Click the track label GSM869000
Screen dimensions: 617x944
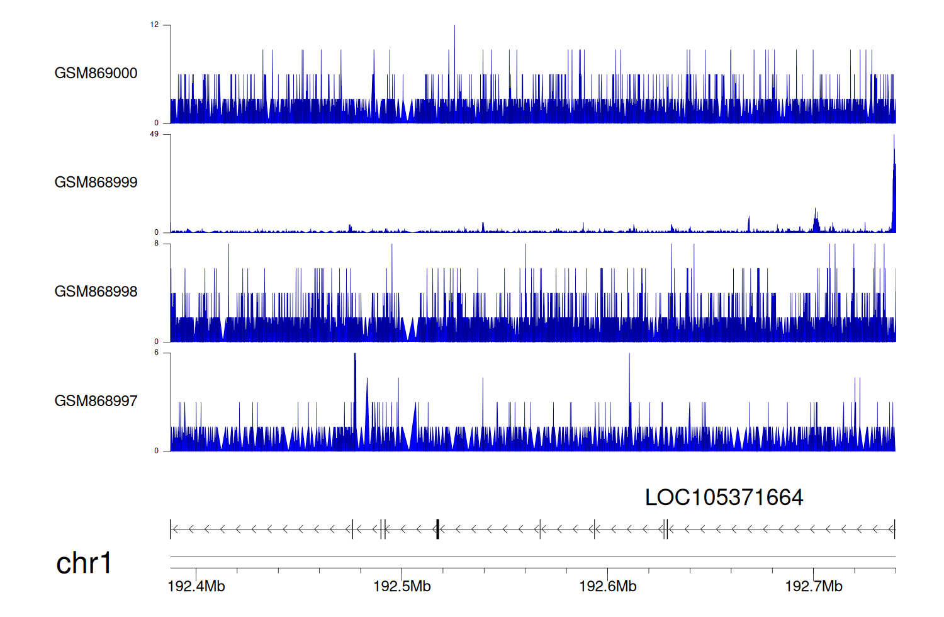click(96, 73)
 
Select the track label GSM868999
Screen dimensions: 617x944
click(96, 183)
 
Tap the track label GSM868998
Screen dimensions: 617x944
click(96, 292)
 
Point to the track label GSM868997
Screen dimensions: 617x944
click(96, 401)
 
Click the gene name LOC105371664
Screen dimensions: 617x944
click(724, 498)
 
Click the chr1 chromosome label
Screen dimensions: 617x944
click(84, 563)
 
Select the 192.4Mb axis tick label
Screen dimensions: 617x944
click(196, 587)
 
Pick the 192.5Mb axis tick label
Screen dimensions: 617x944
click(402, 587)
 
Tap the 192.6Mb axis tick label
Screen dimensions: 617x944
click(608, 587)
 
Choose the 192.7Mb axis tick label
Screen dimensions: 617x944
click(814, 587)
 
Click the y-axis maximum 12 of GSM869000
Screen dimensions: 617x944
click(154, 25)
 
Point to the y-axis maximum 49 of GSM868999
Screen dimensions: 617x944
click(154, 134)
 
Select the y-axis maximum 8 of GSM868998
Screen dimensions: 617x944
click(157, 244)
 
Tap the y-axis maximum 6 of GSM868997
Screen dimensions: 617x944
click(157, 353)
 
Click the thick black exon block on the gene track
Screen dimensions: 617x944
click(437, 529)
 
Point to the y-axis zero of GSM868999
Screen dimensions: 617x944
click(157, 232)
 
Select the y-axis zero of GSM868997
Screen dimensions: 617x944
click(157, 451)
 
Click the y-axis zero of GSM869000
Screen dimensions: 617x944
click(157, 123)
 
